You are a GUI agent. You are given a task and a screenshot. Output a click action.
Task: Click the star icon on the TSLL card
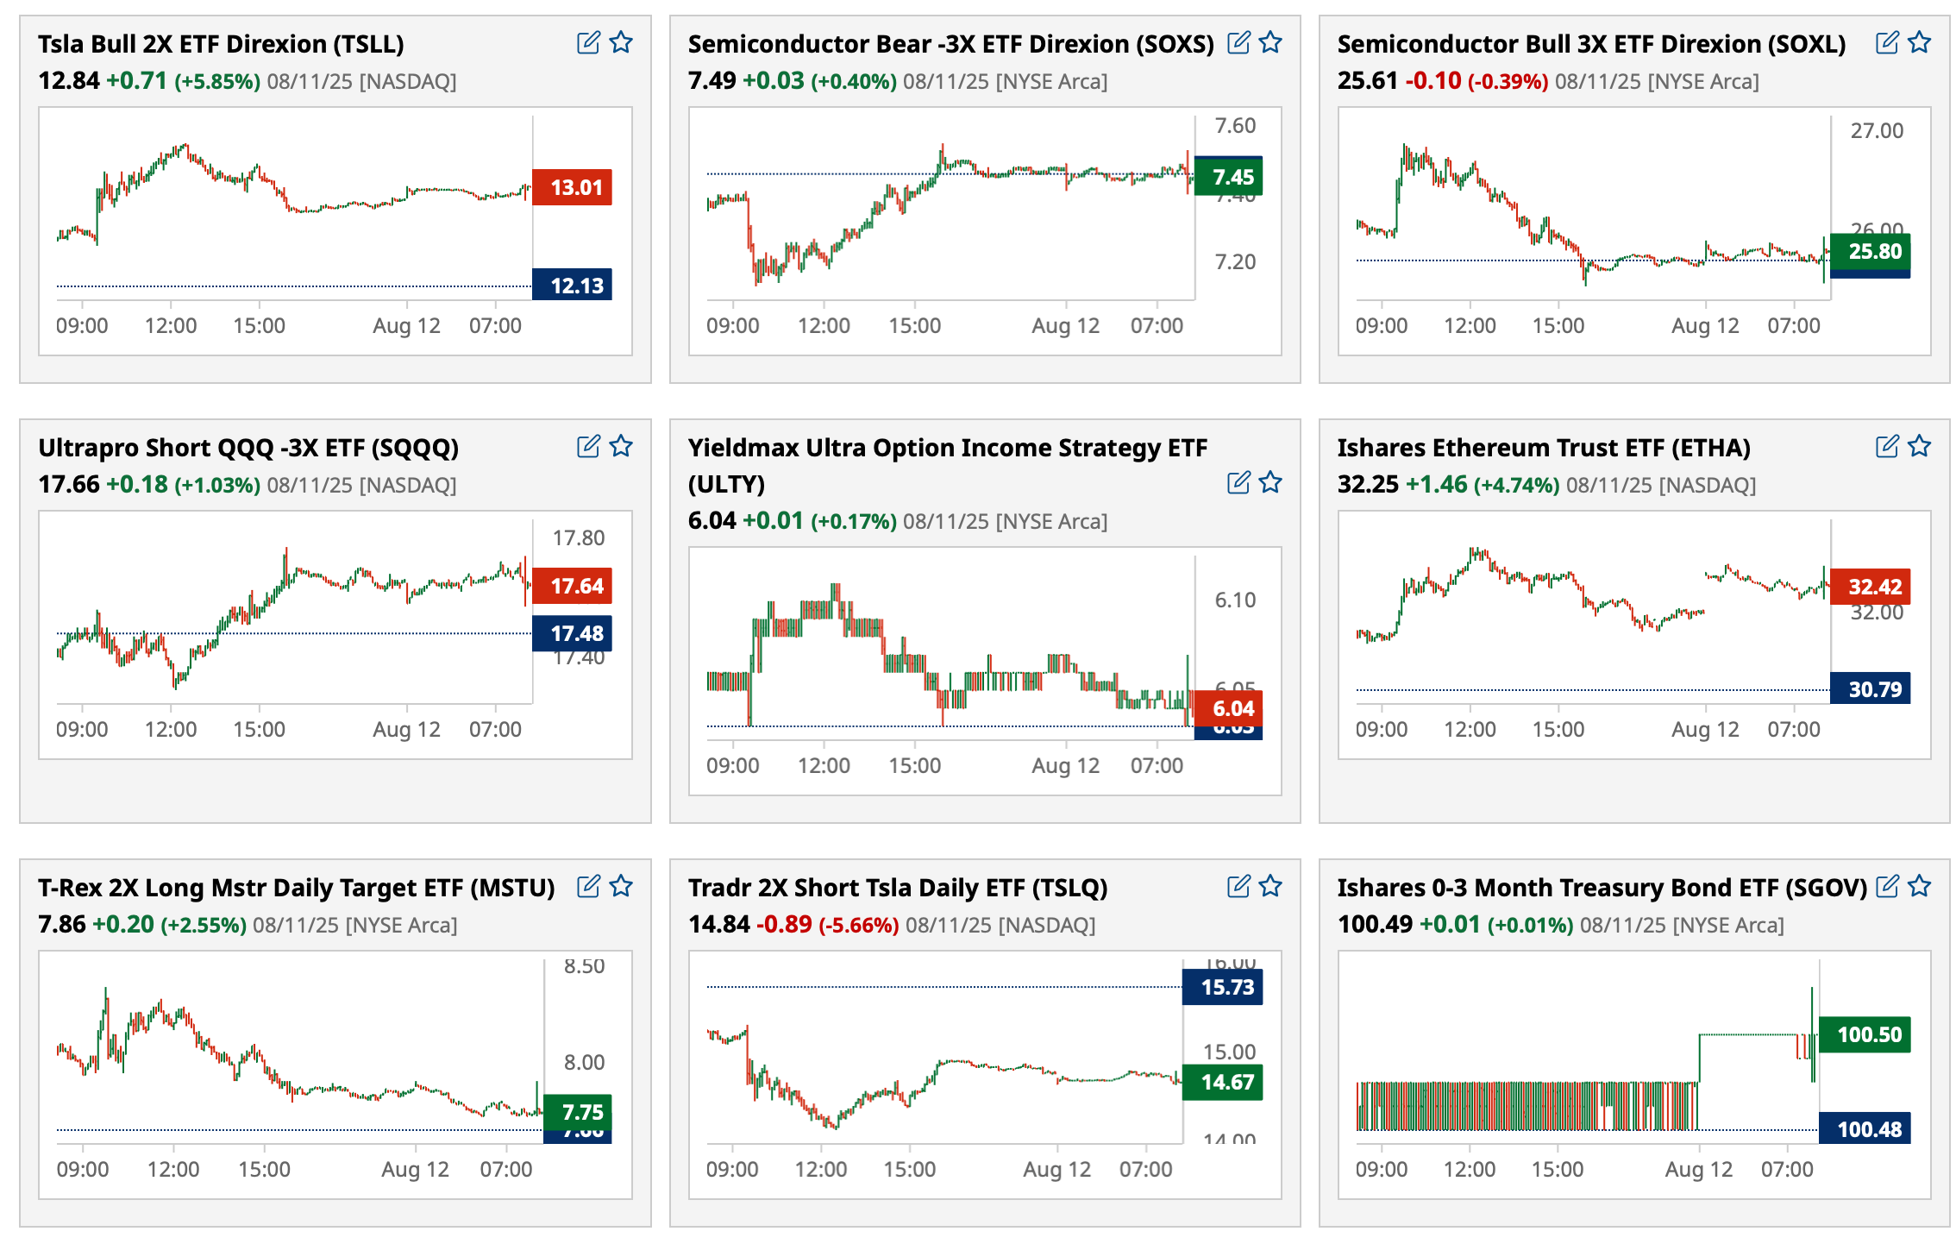click(621, 42)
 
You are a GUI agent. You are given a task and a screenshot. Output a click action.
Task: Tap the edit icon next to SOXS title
click(1238, 42)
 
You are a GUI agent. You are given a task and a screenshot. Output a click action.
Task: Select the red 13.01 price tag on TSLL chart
click(572, 187)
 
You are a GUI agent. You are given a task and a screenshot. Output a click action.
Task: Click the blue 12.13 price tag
click(572, 286)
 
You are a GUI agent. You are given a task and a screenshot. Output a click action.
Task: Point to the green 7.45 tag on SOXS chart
click(1229, 177)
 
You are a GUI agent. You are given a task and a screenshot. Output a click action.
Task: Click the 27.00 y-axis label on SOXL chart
click(1877, 130)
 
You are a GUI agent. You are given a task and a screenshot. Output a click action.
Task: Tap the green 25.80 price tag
click(1871, 251)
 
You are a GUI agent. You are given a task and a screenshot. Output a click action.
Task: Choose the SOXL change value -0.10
click(1433, 81)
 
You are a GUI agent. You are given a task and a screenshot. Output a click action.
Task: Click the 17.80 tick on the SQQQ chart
click(579, 537)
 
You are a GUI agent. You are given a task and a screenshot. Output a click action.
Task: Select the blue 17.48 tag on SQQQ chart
click(572, 633)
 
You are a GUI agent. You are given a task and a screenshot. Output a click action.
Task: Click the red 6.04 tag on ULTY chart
click(1229, 708)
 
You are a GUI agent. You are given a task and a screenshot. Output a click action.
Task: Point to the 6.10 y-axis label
click(1235, 600)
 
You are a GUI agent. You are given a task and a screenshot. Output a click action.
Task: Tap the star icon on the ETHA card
click(1919, 446)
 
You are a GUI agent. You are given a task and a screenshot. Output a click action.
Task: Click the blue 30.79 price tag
click(1871, 689)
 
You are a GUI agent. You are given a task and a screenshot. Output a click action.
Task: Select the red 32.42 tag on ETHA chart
click(1871, 587)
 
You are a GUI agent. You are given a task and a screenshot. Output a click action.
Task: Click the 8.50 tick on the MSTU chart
click(584, 966)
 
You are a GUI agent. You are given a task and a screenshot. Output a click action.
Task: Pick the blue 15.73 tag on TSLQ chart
click(1223, 987)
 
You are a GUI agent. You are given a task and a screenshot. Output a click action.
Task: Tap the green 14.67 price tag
click(1223, 1082)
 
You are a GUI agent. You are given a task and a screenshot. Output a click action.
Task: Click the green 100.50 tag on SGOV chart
click(1865, 1034)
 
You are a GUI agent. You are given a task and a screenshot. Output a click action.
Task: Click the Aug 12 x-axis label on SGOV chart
click(1698, 1169)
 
